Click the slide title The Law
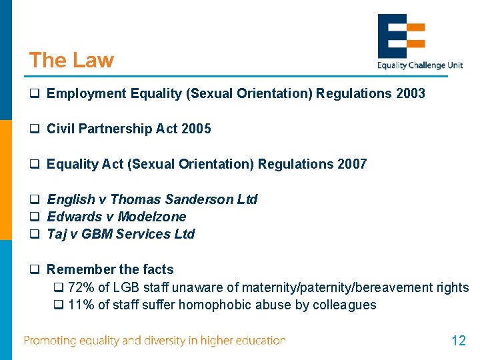(x=71, y=60)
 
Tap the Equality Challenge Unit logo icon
(x=401, y=35)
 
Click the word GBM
(x=101, y=234)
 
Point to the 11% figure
(x=80, y=305)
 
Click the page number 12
(x=458, y=341)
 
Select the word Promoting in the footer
(x=51, y=341)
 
